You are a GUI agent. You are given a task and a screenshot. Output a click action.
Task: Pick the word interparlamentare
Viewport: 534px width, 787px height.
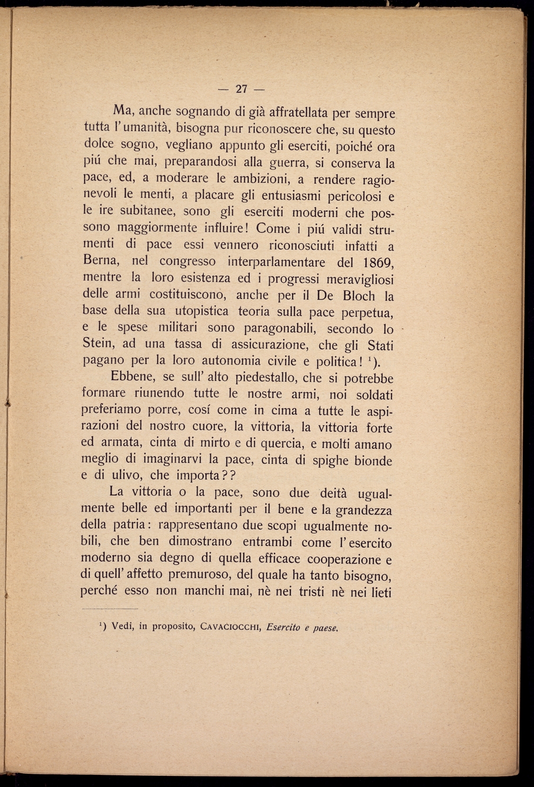(278, 262)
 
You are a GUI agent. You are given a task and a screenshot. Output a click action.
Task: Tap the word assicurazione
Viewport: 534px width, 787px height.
(270, 344)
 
